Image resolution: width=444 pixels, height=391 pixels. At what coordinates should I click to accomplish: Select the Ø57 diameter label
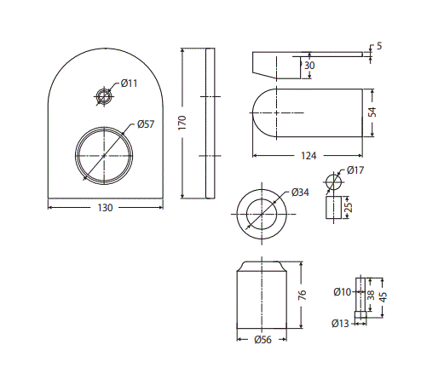[x=145, y=125]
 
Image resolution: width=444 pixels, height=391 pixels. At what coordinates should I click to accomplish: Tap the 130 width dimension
[x=104, y=208]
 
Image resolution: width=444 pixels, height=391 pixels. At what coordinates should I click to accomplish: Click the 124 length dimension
[x=308, y=156]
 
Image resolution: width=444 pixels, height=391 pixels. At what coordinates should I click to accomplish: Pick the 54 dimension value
[x=371, y=112]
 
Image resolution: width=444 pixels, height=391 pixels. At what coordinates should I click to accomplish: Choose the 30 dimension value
[x=308, y=66]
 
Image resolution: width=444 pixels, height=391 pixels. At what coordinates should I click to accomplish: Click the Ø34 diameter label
[x=299, y=193]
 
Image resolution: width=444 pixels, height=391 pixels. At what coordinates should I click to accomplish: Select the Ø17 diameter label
[x=356, y=171]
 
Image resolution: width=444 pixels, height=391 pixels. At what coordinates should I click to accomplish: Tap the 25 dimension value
[x=349, y=206]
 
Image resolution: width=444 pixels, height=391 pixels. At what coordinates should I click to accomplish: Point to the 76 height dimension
[x=302, y=296]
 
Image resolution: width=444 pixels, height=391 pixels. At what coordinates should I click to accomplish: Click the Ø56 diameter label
[x=262, y=340]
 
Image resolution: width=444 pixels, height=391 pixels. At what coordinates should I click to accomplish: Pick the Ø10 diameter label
[x=342, y=292]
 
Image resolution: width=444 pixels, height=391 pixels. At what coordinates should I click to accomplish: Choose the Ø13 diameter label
[x=341, y=323]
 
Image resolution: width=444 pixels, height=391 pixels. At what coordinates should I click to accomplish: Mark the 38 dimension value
[x=371, y=295]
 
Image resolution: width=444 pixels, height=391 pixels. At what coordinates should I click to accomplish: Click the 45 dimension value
[x=383, y=297]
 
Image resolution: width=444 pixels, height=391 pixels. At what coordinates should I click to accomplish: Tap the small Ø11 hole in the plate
[x=105, y=95]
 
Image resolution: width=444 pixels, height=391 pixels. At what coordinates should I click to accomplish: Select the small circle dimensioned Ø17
[x=333, y=182]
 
